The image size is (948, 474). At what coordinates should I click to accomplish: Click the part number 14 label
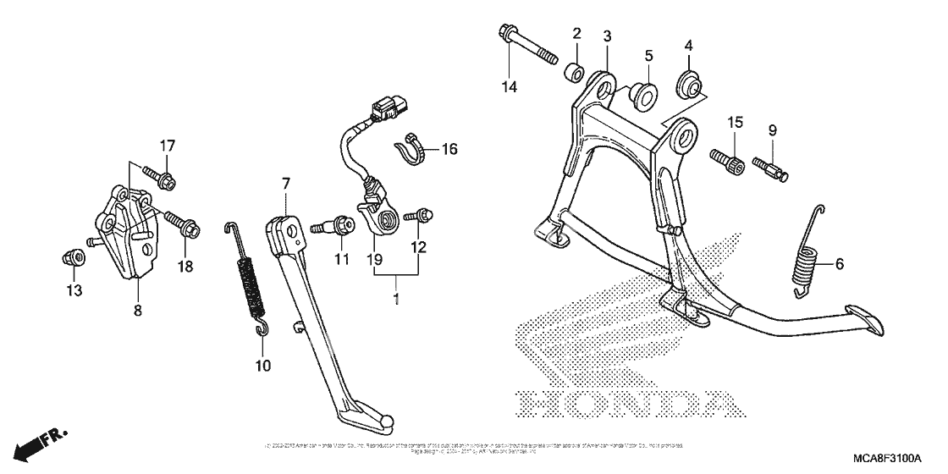pos(508,85)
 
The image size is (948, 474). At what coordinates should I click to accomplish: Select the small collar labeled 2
pos(574,69)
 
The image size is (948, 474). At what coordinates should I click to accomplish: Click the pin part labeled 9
pos(774,164)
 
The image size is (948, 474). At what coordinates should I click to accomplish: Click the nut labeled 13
pos(74,256)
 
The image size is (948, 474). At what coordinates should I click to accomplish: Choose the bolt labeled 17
pos(161,176)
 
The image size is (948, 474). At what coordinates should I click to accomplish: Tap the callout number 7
pos(285,183)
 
